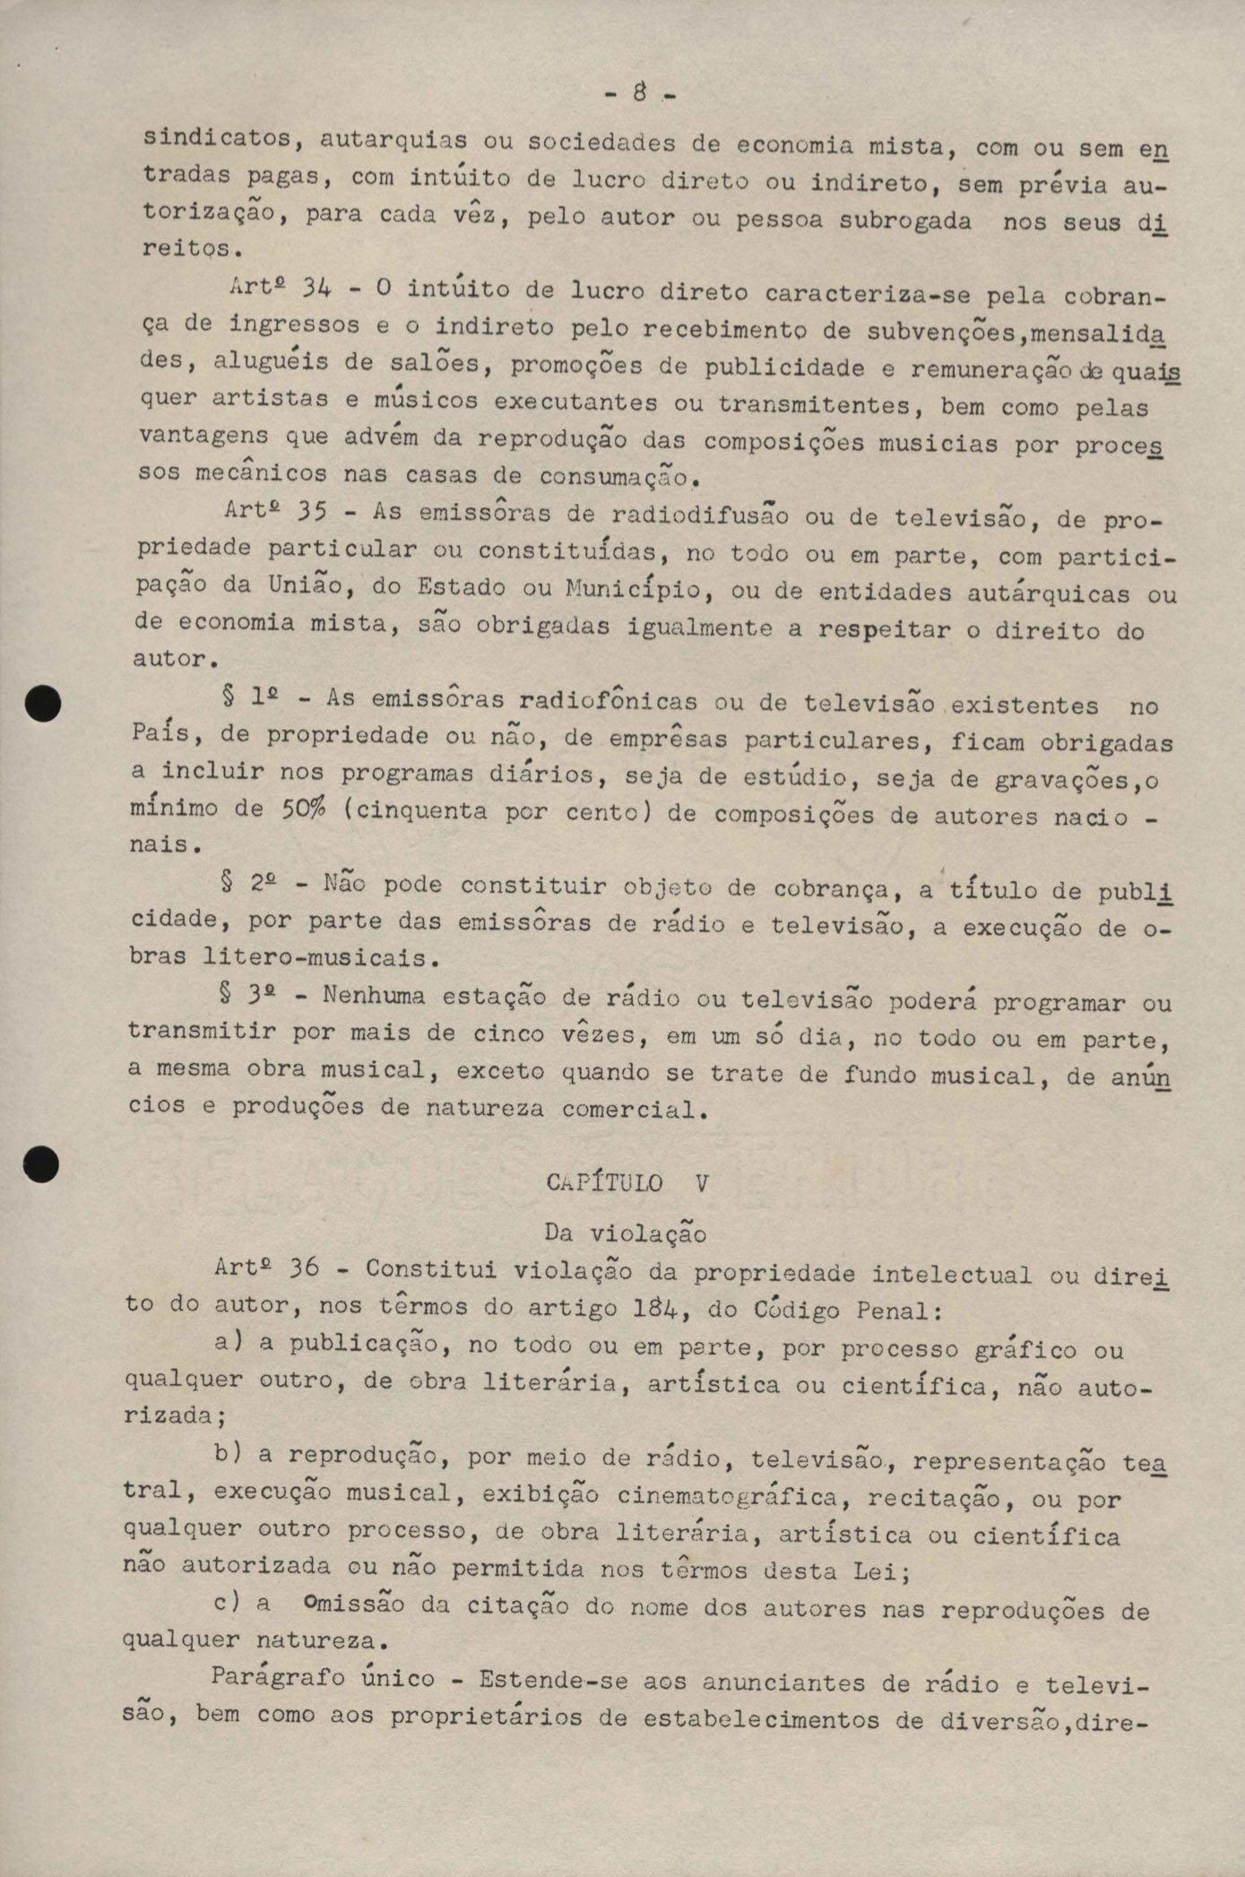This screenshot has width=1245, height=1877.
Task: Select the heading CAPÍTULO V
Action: point(627,1182)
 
